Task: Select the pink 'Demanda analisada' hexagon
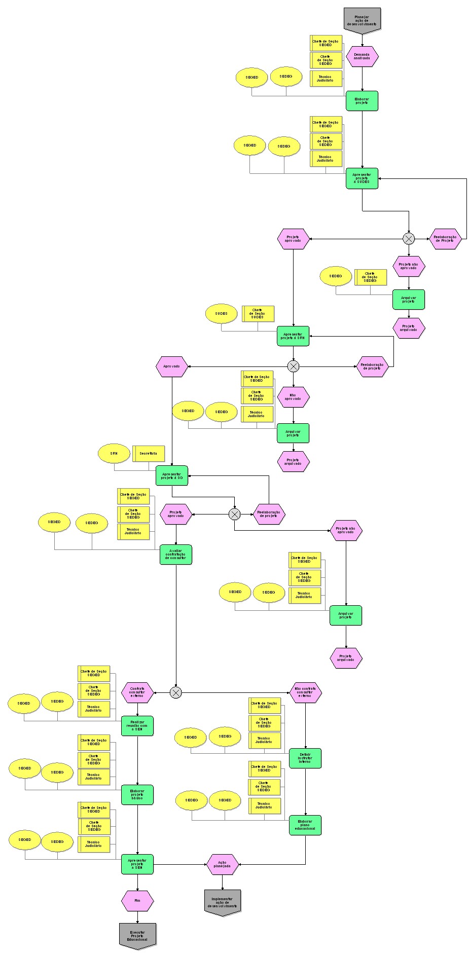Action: pyautogui.click(x=362, y=56)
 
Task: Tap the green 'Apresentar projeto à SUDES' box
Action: pyautogui.click(x=362, y=178)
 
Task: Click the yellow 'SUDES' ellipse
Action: pyautogui.click(x=221, y=314)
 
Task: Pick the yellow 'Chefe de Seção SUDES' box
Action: pyautogui.click(x=258, y=314)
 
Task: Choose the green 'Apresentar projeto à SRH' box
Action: pyautogui.click(x=293, y=336)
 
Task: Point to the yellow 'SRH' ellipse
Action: pyautogui.click(x=114, y=454)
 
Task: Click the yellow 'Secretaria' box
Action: pyautogui.click(x=149, y=454)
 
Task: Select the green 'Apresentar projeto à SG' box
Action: pyautogui.click(x=172, y=475)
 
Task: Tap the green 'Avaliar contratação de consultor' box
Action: pyautogui.click(x=176, y=555)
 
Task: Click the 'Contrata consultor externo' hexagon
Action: pyautogui.click(x=137, y=692)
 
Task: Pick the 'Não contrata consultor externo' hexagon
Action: pyautogui.click(x=305, y=692)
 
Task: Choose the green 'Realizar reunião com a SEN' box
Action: pyautogui.click(x=137, y=726)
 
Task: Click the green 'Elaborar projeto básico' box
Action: pyautogui.click(x=137, y=794)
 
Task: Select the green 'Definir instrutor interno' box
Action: pyautogui.click(x=305, y=758)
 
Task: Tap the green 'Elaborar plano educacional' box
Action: pyautogui.click(x=305, y=825)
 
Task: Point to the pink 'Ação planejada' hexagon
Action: pyautogui.click(x=222, y=864)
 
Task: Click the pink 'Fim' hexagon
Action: pyautogui.click(x=137, y=901)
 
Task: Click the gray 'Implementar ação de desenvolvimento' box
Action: pyautogui.click(x=223, y=902)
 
